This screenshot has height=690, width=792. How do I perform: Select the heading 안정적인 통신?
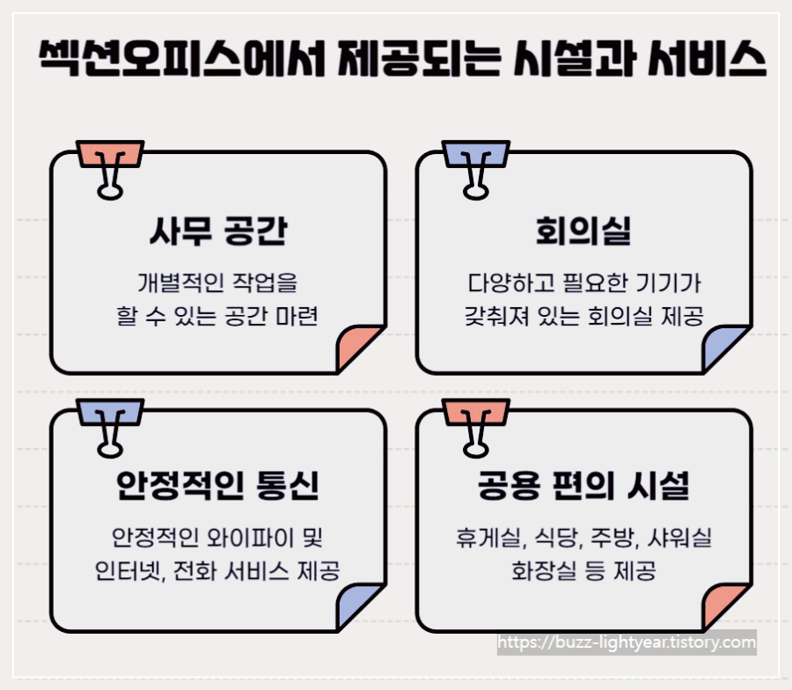pyautogui.click(x=217, y=486)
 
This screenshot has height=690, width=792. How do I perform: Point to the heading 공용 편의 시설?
pyautogui.click(x=583, y=486)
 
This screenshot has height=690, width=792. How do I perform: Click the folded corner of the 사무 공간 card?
pyautogui.click(x=358, y=349)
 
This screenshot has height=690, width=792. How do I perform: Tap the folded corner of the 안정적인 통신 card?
pyautogui.click(x=358, y=606)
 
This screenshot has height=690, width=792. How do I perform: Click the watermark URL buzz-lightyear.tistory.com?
pyautogui.click(x=627, y=643)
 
